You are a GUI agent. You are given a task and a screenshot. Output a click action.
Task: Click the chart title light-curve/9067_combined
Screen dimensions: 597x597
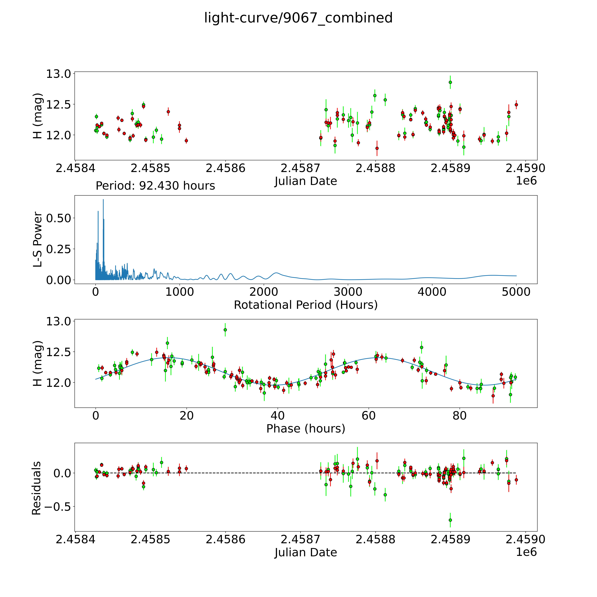coord(298,18)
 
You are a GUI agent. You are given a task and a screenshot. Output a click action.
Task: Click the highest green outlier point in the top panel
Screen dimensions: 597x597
coord(450,82)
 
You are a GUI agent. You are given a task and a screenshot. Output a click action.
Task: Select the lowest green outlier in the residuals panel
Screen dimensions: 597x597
coord(450,520)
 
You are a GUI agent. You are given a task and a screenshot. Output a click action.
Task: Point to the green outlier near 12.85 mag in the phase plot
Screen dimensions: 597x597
coord(225,330)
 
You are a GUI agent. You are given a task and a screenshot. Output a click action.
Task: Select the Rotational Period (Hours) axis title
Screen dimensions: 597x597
coord(306,305)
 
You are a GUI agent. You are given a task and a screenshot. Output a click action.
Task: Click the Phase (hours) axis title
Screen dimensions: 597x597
coord(306,429)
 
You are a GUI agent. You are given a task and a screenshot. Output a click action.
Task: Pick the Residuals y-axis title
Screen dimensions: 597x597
coord(36,488)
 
